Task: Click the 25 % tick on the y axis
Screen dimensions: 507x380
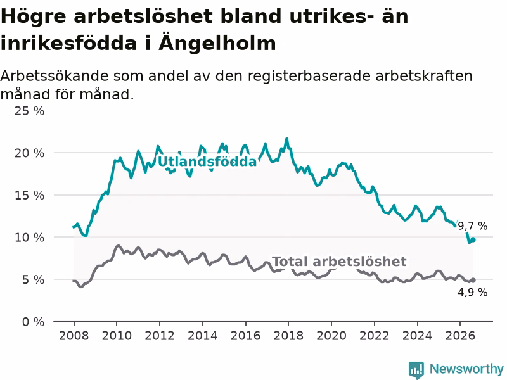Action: point(29,111)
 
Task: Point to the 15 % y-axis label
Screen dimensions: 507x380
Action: point(29,195)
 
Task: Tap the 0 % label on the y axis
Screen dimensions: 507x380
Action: point(34,322)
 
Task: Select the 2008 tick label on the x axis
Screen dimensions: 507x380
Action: point(74,336)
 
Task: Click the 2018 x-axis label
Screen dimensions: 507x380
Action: point(288,336)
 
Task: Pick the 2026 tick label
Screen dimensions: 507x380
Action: point(460,336)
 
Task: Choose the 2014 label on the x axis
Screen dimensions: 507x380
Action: point(202,336)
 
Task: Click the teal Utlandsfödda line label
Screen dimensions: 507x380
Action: point(207,161)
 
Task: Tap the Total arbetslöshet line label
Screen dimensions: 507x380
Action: point(339,262)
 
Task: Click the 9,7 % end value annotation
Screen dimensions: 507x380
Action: point(473,226)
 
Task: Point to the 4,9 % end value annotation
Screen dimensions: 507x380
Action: point(473,292)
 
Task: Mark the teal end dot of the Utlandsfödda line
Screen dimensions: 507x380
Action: point(473,240)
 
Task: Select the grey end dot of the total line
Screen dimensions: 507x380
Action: point(473,280)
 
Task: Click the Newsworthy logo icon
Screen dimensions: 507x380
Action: point(416,370)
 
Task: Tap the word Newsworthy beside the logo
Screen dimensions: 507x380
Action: point(466,369)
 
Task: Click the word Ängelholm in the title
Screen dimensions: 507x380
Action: point(217,44)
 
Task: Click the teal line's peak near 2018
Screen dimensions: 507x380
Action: point(286,139)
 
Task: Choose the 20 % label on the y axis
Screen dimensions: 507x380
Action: point(29,153)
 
